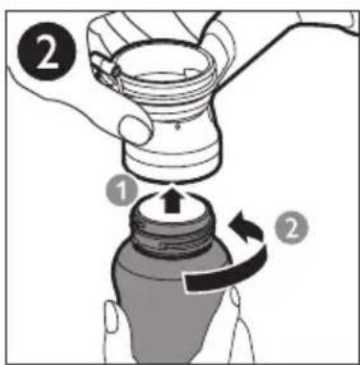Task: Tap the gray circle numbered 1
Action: [x=122, y=192]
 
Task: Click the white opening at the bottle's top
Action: [x=172, y=203]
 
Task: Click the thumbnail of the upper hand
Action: [x=135, y=130]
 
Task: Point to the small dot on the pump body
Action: [x=177, y=126]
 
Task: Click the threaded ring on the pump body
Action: [x=169, y=89]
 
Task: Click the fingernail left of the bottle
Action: [x=112, y=316]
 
